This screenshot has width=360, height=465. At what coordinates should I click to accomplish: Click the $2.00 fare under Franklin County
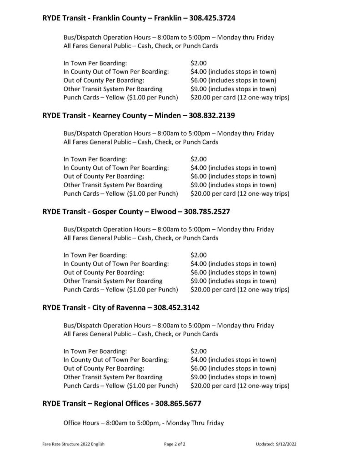[199, 63]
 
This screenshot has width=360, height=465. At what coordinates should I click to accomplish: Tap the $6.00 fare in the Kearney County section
[199, 176]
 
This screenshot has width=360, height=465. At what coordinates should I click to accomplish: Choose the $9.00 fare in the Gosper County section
[199, 281]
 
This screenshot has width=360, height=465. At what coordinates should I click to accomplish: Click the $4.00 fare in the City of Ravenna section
[199, 360]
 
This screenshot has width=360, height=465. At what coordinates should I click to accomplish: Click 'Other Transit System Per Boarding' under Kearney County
[113, 185]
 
